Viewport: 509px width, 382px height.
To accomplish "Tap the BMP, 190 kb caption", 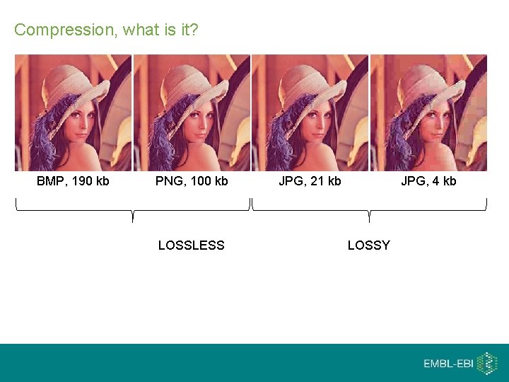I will tap(73, 181).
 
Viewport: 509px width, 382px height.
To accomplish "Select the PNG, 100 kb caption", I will tap(192, 181).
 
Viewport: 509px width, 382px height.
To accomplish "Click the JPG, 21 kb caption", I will tap(310, 181).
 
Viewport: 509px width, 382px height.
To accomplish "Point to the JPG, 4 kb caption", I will tap(428, 181).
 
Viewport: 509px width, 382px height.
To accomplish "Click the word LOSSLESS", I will tap(191, 245).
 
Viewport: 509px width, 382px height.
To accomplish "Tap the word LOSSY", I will tap(368, 245).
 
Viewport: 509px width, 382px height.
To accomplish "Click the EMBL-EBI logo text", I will tap(448, 364).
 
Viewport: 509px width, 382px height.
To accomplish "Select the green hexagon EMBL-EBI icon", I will tap(487, 363).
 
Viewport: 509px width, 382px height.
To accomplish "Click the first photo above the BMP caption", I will tap(74, 112).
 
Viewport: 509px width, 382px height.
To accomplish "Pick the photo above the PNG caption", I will tap(192, 112).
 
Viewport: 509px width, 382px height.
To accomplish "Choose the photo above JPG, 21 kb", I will tap(310, 112).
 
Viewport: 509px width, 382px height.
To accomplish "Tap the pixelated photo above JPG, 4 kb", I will tap(428, 112).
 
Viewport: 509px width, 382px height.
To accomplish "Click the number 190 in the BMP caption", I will tap(82, 181).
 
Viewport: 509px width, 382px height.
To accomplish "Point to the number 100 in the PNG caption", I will tap(201, 181).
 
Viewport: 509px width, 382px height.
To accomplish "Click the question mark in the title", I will tap(194, 30).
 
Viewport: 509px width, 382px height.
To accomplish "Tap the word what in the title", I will tap(138, 30).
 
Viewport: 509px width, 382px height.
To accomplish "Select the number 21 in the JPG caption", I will tap(315, 181).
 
